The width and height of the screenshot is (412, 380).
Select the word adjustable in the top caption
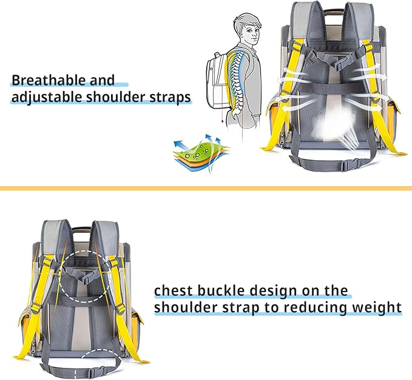pos(45,97)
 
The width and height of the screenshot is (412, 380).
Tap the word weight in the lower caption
pos(380,308)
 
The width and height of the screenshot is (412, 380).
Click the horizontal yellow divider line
pos(206,188)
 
